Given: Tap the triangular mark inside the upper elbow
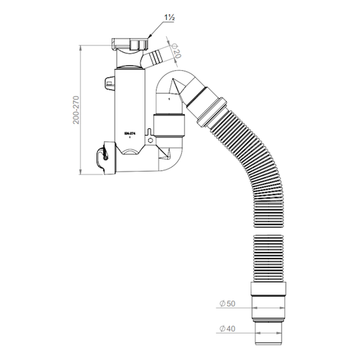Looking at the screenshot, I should point(174,88).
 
